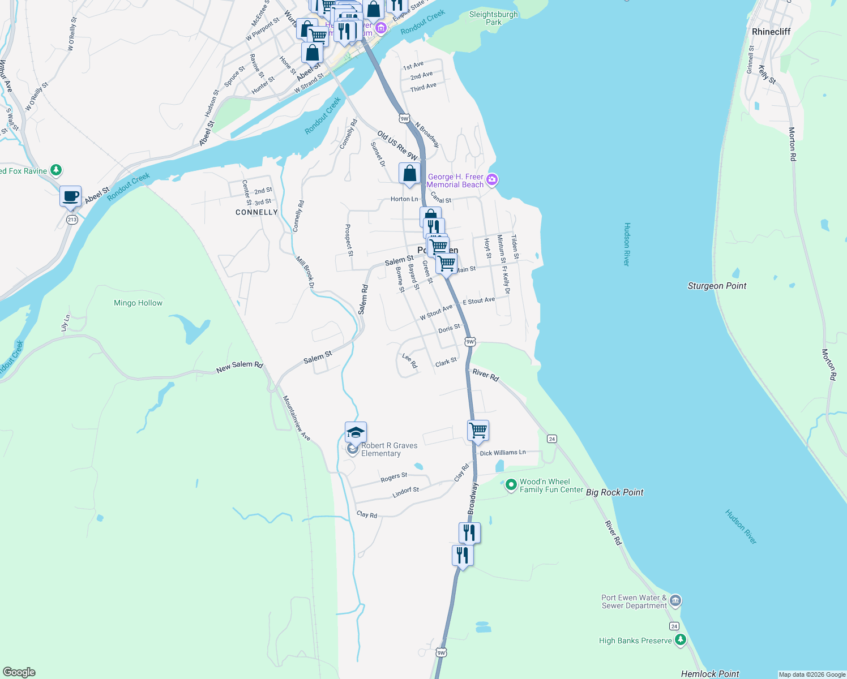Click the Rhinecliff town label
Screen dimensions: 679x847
point(771,32)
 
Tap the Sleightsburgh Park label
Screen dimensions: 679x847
point(493,18)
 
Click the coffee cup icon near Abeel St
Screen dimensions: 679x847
point(71,196)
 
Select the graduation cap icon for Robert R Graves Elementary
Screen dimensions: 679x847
point(356,433)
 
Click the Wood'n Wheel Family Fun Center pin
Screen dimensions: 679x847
point(511,485)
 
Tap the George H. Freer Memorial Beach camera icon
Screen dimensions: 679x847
point(492,180)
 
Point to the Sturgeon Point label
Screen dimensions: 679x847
point(717,286)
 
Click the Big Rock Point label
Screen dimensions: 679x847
point(614,492)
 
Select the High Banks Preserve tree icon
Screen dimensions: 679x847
point(681,641)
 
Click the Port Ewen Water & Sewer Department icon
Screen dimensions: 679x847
point(675,601)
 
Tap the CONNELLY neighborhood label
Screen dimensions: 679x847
point(256,212)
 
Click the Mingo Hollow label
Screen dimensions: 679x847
point(138,303)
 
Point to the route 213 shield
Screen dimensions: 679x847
point(72,220)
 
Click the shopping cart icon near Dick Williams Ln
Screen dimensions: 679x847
point(478,431)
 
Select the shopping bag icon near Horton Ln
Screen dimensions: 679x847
point(409,173)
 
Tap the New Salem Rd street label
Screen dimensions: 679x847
point(239,367)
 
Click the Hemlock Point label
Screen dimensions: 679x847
point(710,673)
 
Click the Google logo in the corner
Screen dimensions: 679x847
point(19,672)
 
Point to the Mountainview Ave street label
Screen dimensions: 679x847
point(297,418)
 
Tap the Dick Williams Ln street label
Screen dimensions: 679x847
point(503,453)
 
